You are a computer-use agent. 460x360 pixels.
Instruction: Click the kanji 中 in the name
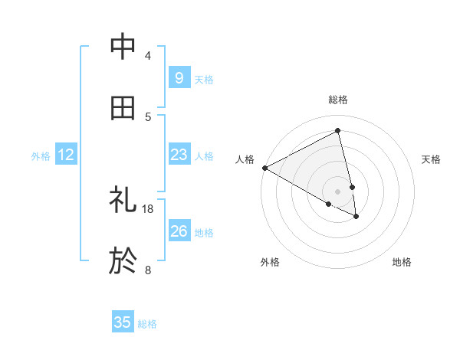pos(123,47)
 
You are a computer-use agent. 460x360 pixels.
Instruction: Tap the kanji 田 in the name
pos(123,109)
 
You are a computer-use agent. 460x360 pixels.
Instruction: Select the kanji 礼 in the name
pos(123,201)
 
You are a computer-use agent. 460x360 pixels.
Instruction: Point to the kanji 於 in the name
pos(123,261)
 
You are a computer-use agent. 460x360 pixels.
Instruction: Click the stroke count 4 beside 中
pos(148,55)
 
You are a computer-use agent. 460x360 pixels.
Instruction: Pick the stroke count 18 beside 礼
pos(148,208)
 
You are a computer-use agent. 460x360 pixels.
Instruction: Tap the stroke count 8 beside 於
pos(148,270)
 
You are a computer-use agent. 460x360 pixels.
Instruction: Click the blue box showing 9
pos(179,77)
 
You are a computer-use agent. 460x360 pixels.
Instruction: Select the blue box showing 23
pos(179,155)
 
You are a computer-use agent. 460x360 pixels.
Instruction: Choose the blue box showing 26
pos(179,231)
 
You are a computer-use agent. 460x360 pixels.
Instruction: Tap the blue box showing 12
pos(66,155)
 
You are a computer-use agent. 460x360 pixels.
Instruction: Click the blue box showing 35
pos(123,322)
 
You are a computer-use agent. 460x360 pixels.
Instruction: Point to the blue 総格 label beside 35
pos(147,324)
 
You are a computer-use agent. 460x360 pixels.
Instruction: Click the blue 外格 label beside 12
pos(41,156)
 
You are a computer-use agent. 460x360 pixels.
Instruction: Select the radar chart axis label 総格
pos(338,100)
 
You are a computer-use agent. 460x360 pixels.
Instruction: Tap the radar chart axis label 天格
pos(431,159)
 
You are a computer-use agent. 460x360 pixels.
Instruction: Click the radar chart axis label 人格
pos(245,159)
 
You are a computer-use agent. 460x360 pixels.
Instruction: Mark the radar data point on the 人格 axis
pos(264,168)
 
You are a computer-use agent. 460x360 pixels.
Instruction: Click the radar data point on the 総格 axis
pos(338,130)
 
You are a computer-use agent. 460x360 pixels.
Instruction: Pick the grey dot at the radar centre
pos(338,191)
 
